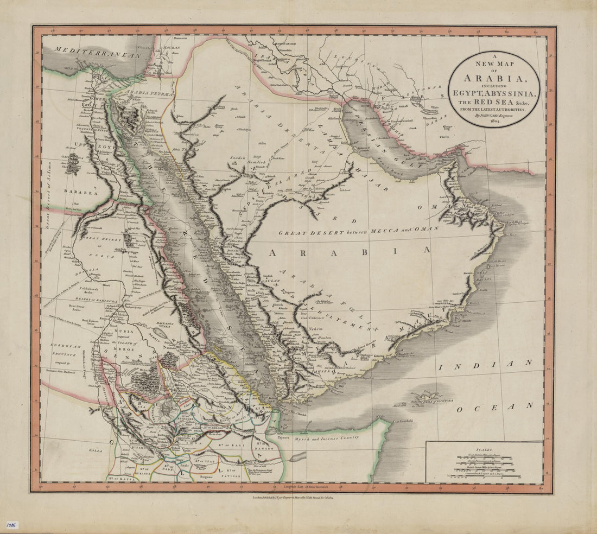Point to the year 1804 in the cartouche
(494, 122)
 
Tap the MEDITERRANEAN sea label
(97, 52)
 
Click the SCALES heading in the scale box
(484, 450)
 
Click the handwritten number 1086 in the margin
(11, 525)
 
